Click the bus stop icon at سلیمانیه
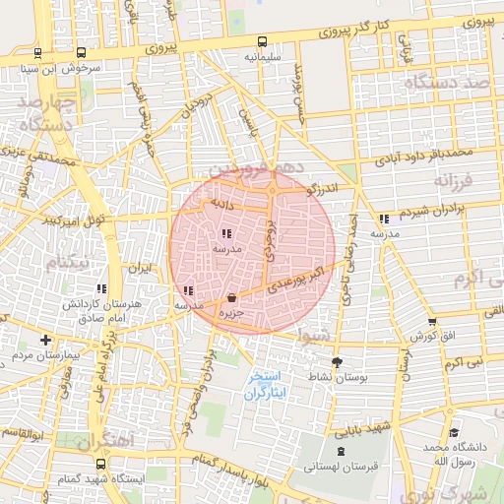click(262, 42)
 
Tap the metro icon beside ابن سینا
click(37, 54)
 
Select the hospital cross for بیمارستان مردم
click(45, 340)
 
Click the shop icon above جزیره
click(231, 297)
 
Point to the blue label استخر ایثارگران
click(263, 385)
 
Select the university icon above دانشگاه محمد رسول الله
click(453, 432)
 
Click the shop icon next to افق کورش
click(432, 321)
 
